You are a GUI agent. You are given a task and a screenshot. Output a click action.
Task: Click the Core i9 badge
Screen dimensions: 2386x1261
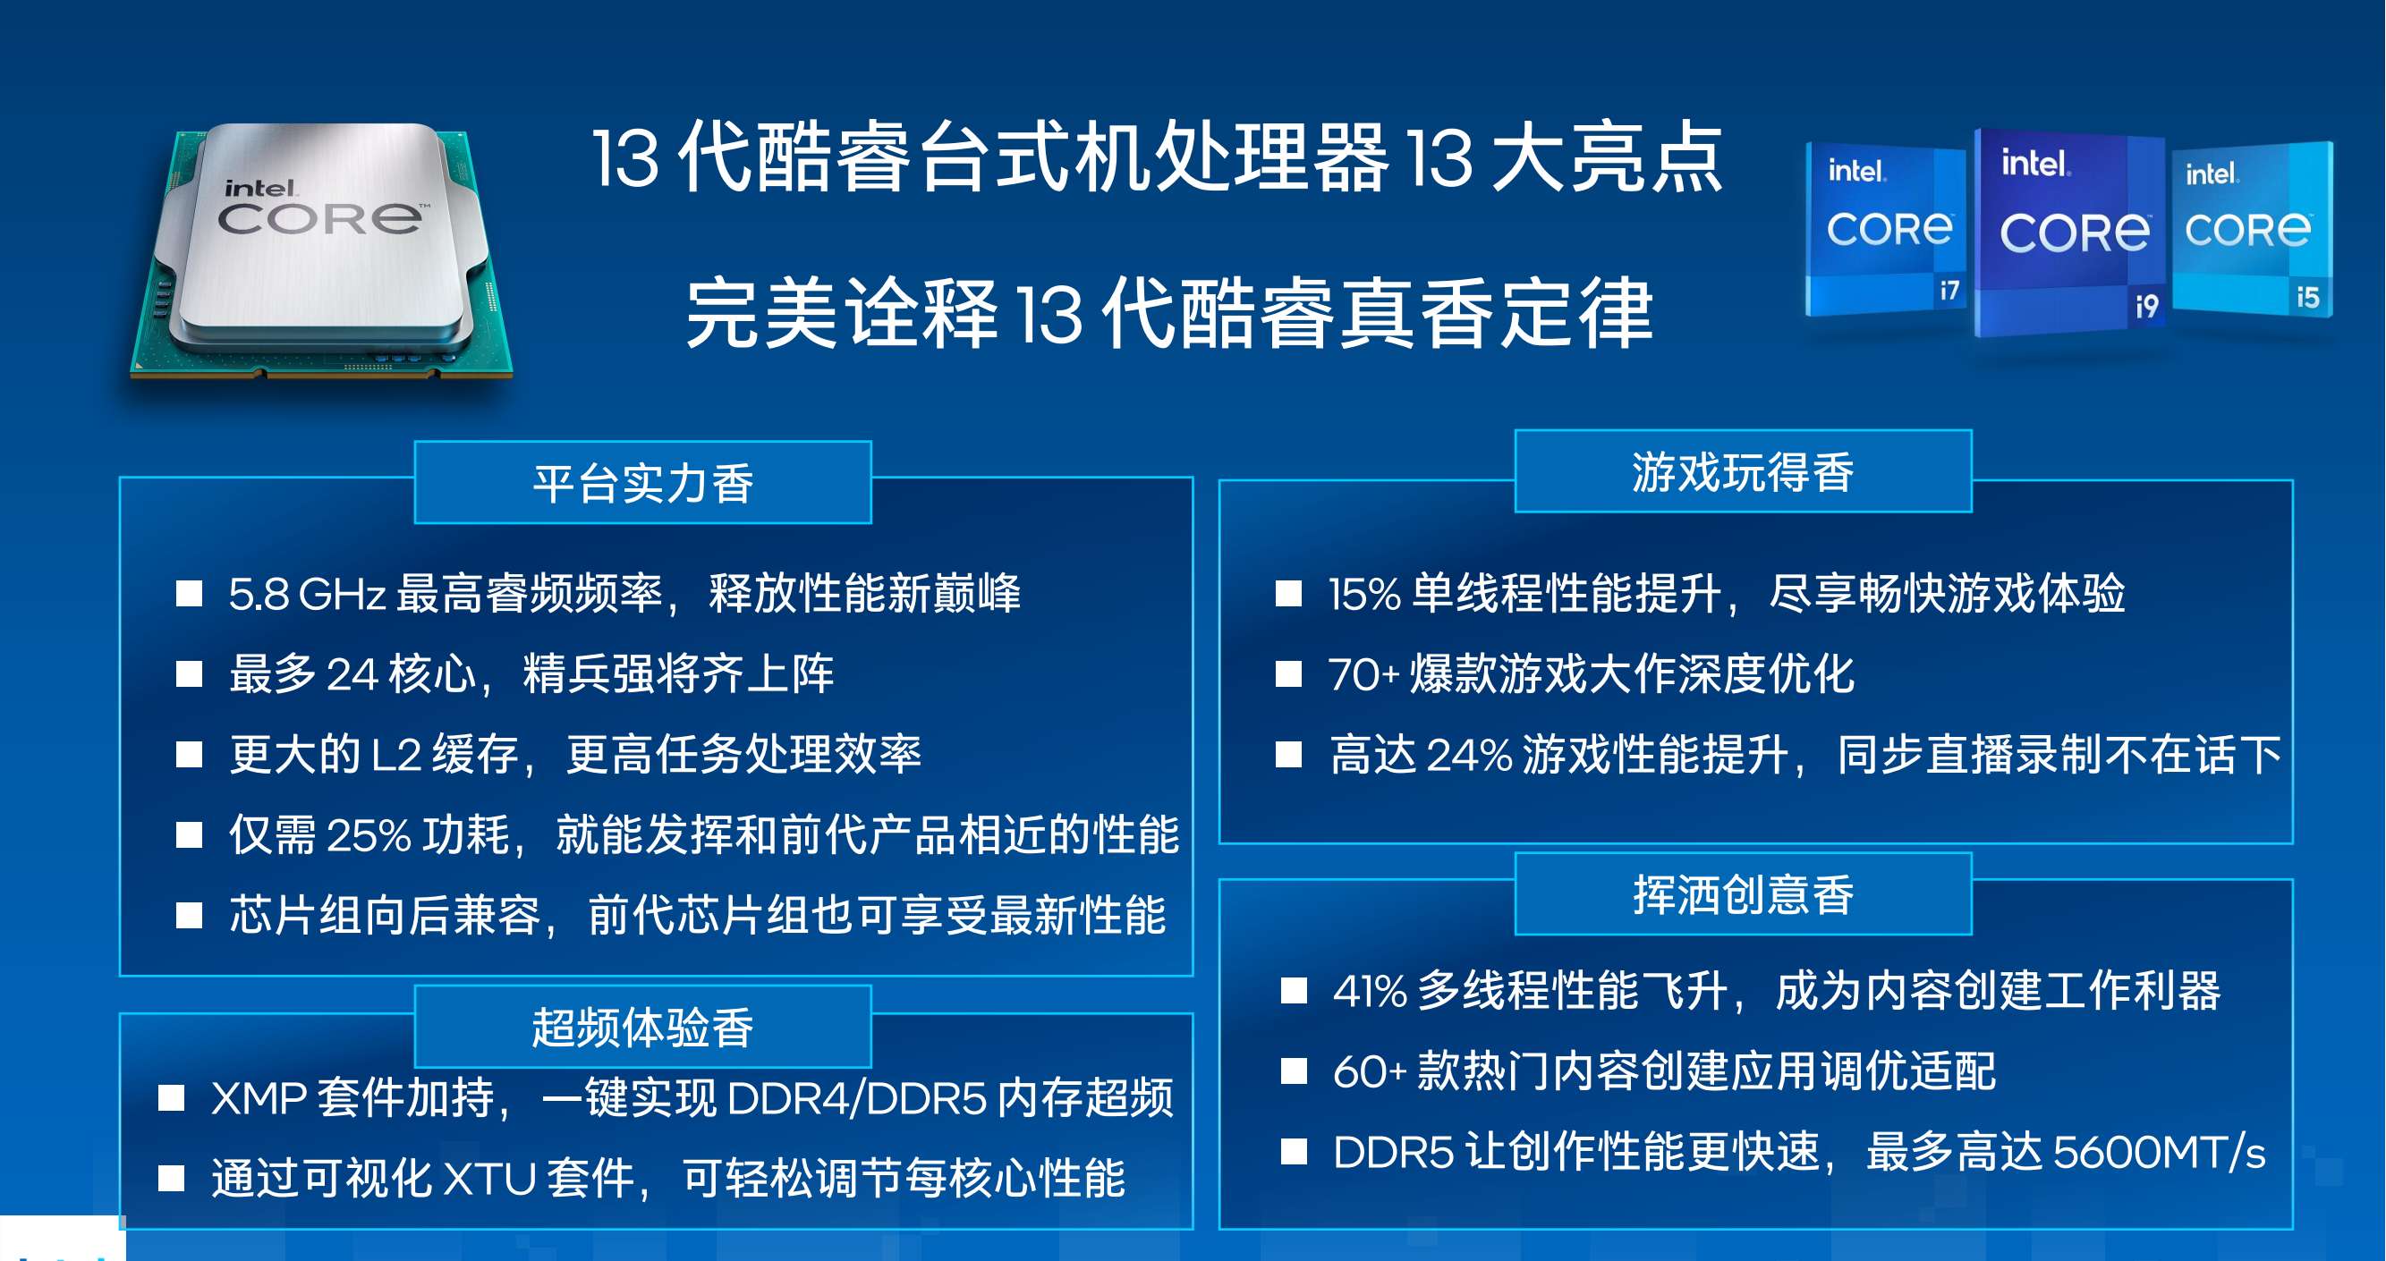[x=2070, y=233]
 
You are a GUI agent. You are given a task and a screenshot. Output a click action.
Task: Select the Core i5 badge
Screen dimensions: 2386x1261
[x=2253, y=230]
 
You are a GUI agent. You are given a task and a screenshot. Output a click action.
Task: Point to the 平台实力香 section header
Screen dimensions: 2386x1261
[x=643, y=483]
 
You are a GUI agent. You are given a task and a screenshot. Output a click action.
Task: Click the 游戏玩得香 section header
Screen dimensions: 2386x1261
[x=1743, y=472]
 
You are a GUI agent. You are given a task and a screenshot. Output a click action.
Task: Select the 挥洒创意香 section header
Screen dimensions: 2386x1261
[x=1743, y=894]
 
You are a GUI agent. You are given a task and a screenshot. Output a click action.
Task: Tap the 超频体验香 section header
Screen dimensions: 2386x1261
[x=643, y=1027]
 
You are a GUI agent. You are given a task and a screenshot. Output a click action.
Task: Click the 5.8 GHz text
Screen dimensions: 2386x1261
[x=307, y=595]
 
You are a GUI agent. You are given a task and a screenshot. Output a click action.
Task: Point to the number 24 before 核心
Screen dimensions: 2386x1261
[x=352, y=674]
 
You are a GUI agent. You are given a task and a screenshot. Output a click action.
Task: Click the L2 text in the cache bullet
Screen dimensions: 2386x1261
[x=396, y=755]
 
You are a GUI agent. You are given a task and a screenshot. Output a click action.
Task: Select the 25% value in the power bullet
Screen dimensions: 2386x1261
[x=369, y=835]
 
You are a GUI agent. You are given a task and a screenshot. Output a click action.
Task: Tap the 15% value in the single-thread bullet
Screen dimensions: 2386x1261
[x=1364, y=595]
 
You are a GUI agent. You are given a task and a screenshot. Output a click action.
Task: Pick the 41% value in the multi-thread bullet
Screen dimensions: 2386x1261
[x=1370, y=992]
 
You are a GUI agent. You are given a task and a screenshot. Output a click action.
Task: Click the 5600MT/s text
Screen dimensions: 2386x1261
[x=2159, y=1153]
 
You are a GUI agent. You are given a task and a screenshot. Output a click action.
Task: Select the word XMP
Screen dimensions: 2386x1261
[x=259, y=1099]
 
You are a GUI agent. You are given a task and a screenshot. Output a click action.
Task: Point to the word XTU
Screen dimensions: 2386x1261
[x=490, y=1180]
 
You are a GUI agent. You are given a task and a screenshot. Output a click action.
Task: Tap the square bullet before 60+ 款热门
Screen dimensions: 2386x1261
[x=1293, y=1071]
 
